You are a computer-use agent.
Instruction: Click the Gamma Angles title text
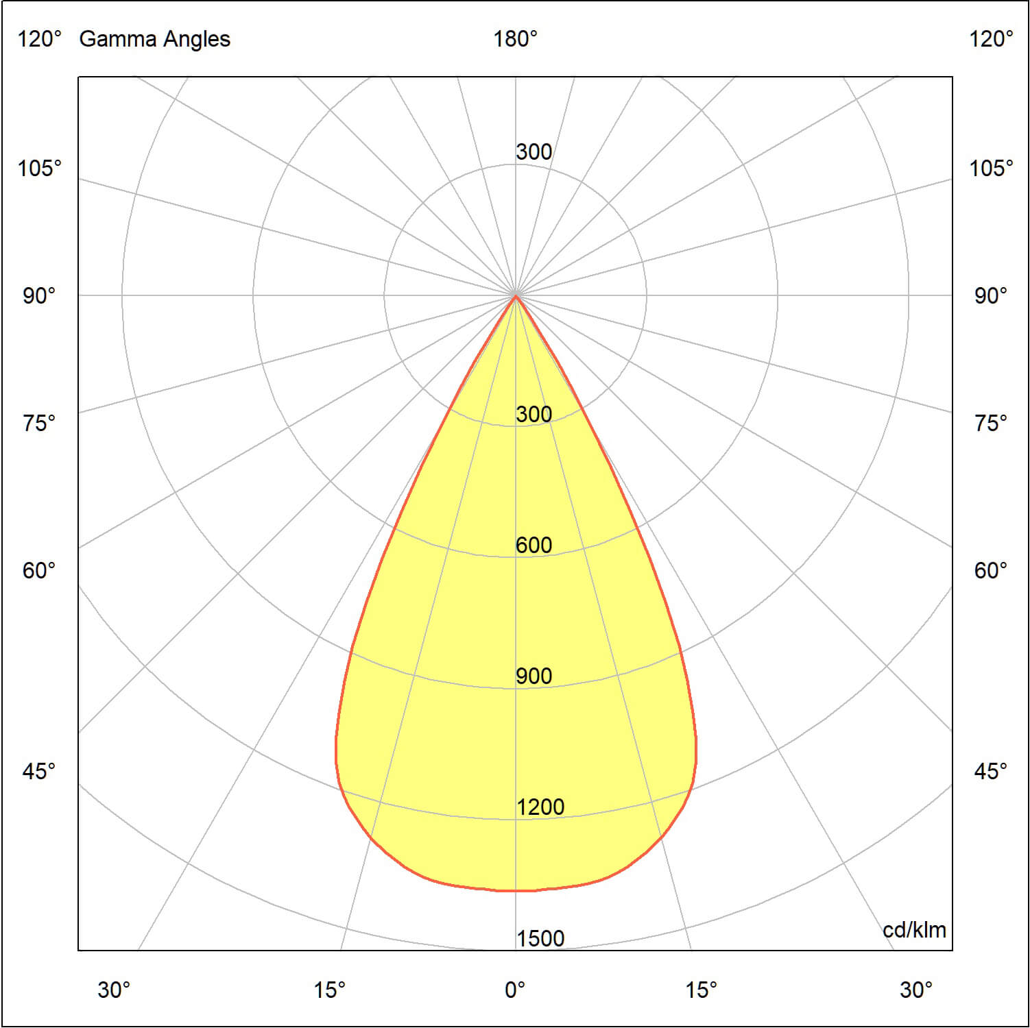(154, 39)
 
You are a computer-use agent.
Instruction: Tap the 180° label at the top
(515, 39)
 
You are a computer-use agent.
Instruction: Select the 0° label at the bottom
(515, 990)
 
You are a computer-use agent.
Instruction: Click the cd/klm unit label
(914, 930)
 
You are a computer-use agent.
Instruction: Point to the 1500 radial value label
(540, 938)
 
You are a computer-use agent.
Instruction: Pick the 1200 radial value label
(540, 807)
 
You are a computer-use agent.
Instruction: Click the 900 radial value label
(534, 676)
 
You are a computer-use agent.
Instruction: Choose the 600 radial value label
(534, 546)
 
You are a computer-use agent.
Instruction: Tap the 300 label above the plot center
(534, 152)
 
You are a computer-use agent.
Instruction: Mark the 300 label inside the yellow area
(534, 415)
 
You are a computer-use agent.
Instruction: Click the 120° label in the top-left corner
(39, 39)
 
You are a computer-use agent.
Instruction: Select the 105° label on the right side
(991, 168)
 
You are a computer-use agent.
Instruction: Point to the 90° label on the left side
(39, 296)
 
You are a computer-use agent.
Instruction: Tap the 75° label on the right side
(991, 423)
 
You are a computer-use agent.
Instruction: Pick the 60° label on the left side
(39, 570)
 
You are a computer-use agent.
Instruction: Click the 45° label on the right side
(991, 772)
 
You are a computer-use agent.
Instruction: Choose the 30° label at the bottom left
(114, 990)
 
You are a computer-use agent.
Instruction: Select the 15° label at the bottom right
(701, 990)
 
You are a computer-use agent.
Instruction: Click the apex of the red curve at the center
(516, 296)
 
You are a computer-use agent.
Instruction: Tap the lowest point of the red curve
(516, 891)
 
